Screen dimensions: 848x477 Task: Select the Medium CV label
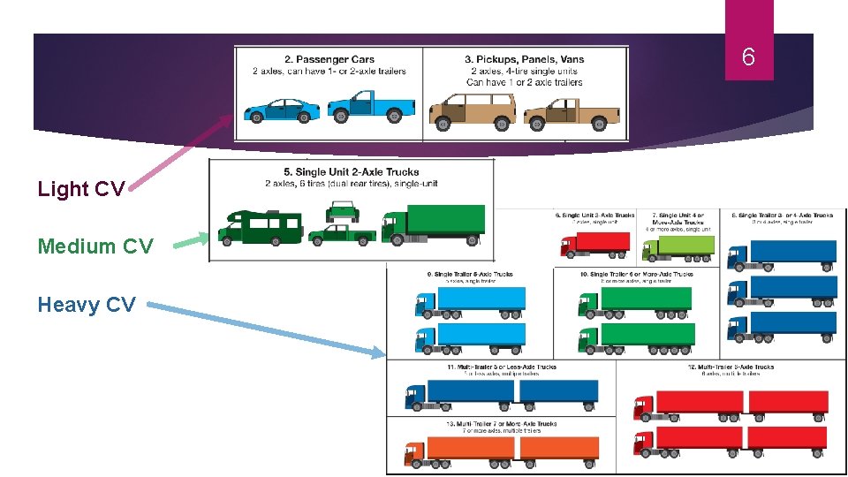95,246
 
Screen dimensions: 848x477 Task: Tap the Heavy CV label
87,305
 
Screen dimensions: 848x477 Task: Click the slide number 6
748,58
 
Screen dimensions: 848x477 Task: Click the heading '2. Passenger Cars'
329,60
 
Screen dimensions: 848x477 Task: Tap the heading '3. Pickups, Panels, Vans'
525,60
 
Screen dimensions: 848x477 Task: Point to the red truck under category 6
596,244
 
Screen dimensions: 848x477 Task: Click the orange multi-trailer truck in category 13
500,451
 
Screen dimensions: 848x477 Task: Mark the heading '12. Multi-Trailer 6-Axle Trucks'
730,367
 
